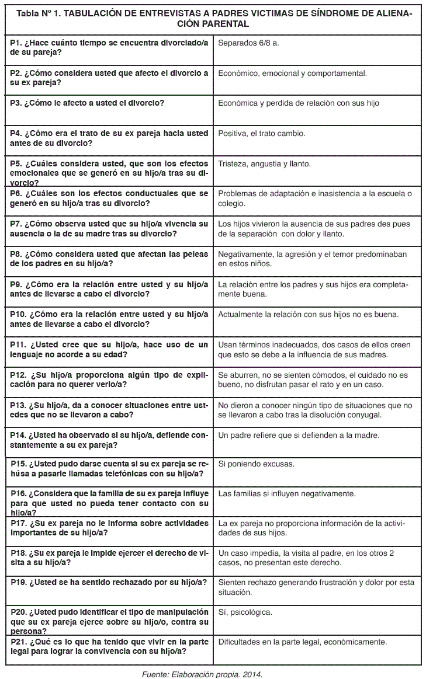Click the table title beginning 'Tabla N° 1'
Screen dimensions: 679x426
tap(213, 19)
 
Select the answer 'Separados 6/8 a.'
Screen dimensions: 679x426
tap(249, 43)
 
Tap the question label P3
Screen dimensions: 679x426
tap(17, 103)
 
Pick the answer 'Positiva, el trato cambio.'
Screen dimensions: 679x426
tap(262, 133)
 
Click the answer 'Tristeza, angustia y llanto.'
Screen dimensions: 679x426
tap(264, 163)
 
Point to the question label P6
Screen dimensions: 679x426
tap(17, 194)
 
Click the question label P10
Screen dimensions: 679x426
tap(19, 314)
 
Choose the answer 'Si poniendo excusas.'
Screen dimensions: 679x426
tap(256, 464)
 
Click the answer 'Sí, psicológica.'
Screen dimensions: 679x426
tap(245, 612)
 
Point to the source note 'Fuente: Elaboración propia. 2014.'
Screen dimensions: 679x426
tap(202, 674)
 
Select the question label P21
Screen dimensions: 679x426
tap(19, 642)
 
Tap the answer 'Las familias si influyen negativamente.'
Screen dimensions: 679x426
tap(287, 494)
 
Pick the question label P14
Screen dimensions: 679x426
tap(19, 435)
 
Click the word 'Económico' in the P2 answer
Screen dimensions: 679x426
tap(239, 73)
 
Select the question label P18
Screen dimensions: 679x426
tap(19, 553)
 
